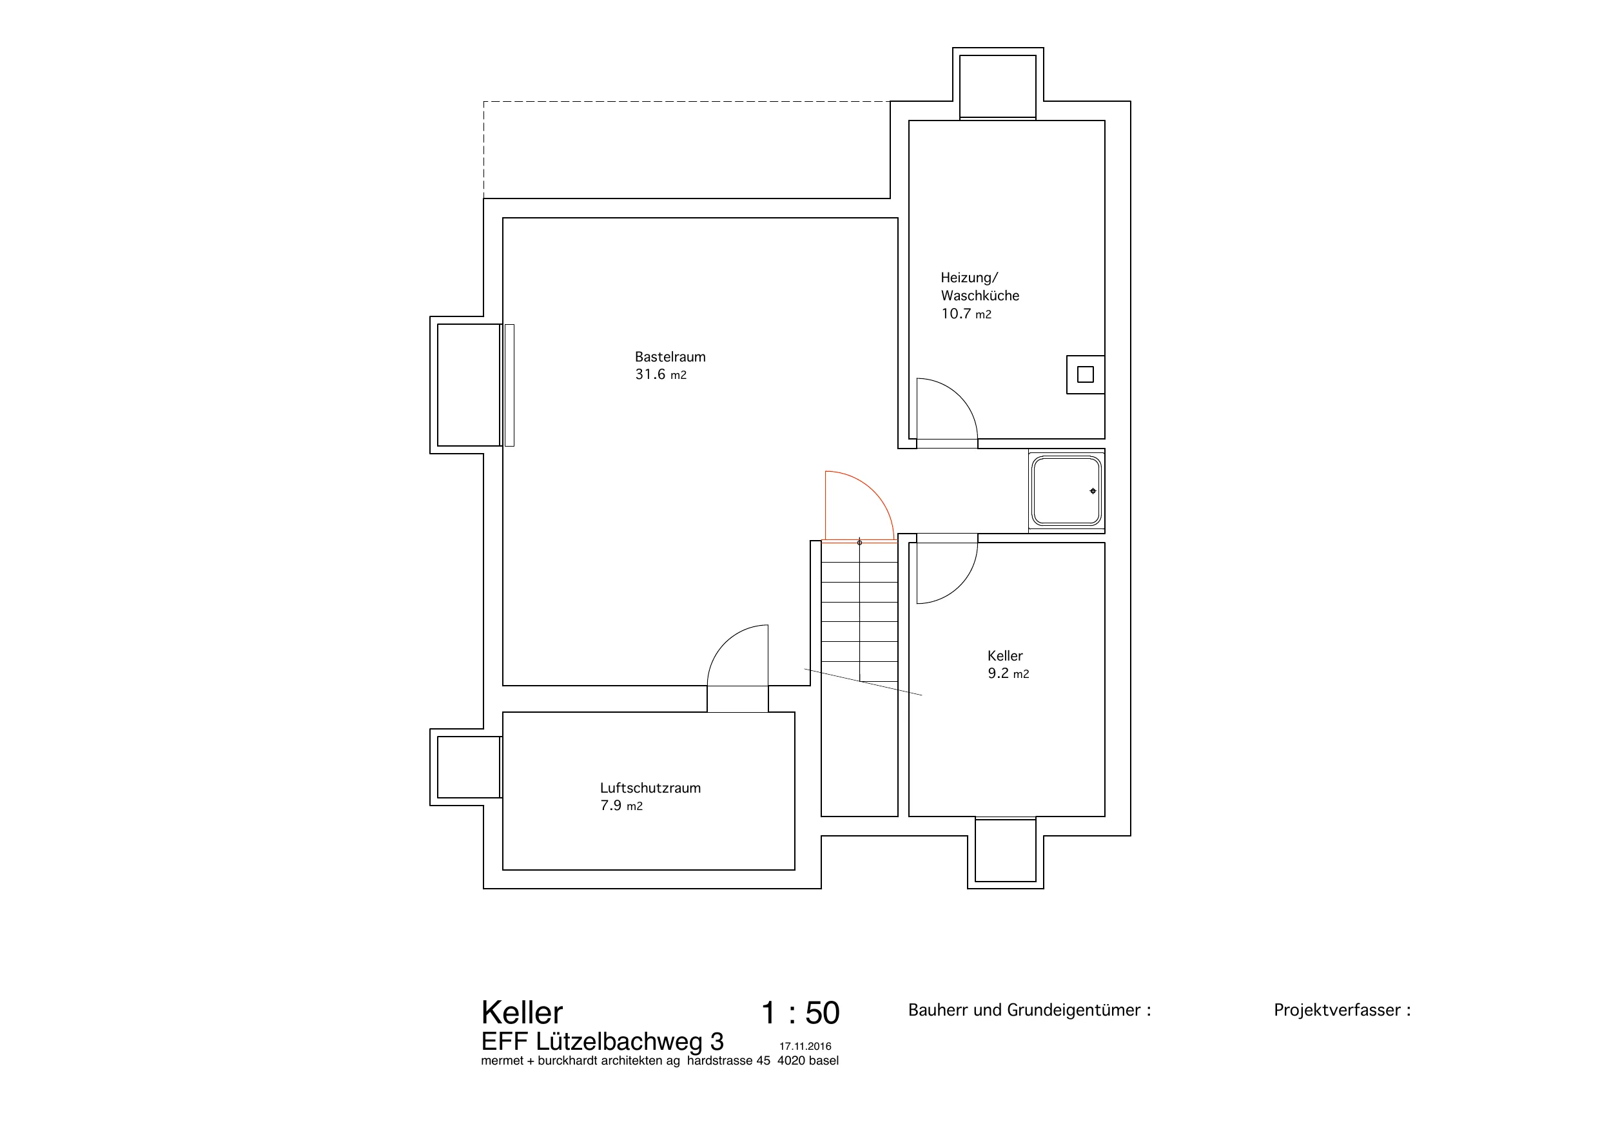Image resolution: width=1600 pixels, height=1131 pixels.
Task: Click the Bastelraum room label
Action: (670, 357)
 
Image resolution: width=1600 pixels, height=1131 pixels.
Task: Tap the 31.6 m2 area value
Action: (661, 375)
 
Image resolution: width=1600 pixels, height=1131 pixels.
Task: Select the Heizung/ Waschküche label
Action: (980, 286)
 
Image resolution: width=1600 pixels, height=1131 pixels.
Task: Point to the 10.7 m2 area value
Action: (966, 314)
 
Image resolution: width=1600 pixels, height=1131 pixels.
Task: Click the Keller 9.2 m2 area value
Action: (1008, 674)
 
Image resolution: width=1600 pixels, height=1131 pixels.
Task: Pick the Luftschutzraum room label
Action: (650, 788)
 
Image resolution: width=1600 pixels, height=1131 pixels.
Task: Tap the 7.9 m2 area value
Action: (621, 806)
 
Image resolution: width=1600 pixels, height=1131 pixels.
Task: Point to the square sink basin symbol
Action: (1066, 490)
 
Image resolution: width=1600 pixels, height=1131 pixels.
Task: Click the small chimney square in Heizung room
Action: (1085, 375)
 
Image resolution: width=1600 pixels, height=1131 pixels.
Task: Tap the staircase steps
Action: (859, 611)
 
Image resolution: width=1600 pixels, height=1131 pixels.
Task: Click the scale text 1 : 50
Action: (800, 1012)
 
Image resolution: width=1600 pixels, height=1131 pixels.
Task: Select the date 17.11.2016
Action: (805, 1047)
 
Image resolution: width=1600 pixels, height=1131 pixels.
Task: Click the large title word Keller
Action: (522, 1012)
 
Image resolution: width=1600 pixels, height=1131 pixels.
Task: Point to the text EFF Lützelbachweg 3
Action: (602, 1042)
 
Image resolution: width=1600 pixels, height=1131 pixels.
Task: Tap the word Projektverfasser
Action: (1336, 1010)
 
